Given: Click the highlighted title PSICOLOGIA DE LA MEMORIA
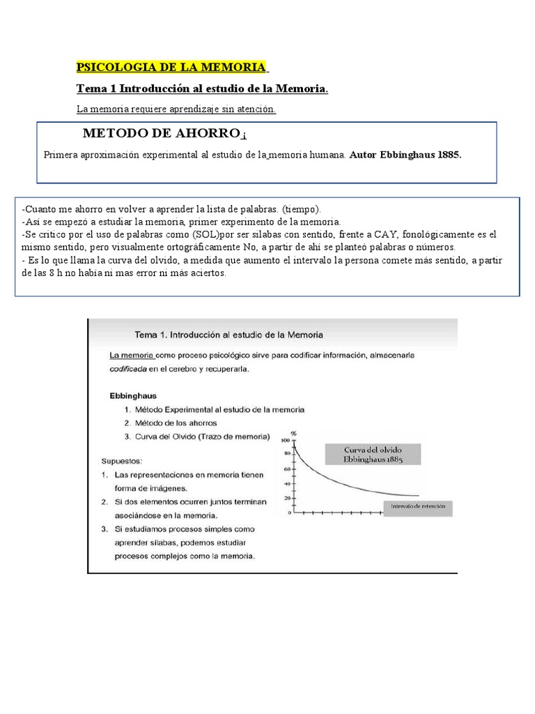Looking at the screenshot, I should click(171, 68).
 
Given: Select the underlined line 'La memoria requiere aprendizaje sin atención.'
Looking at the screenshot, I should click(176, 109).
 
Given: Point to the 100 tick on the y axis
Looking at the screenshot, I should click(284, 441).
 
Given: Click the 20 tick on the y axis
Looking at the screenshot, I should click(286, 499).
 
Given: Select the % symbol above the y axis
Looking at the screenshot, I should click(293, 433).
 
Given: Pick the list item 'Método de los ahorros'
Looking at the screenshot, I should click(176, 423).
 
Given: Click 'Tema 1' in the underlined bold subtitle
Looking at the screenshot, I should click(96, 89).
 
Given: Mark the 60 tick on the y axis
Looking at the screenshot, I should click(286, 470).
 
